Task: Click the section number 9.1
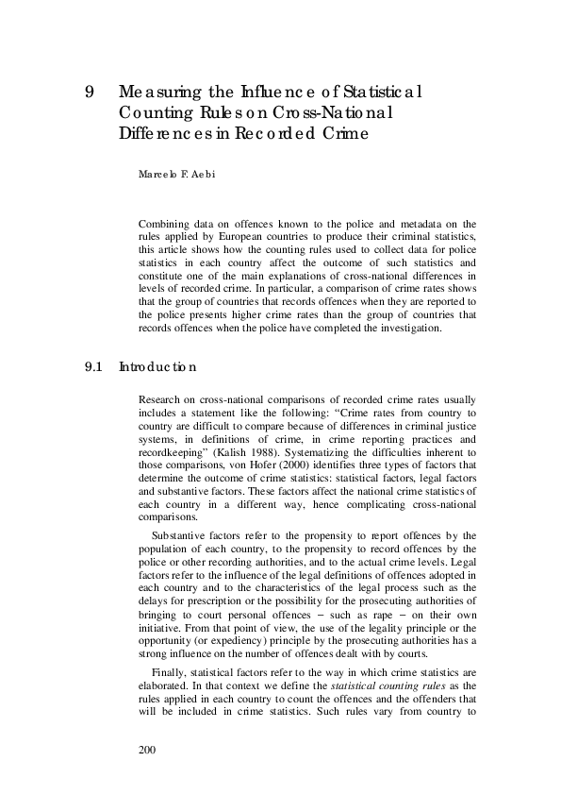(91, 366)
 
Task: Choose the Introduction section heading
(157, 366)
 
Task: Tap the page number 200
(147, 750)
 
